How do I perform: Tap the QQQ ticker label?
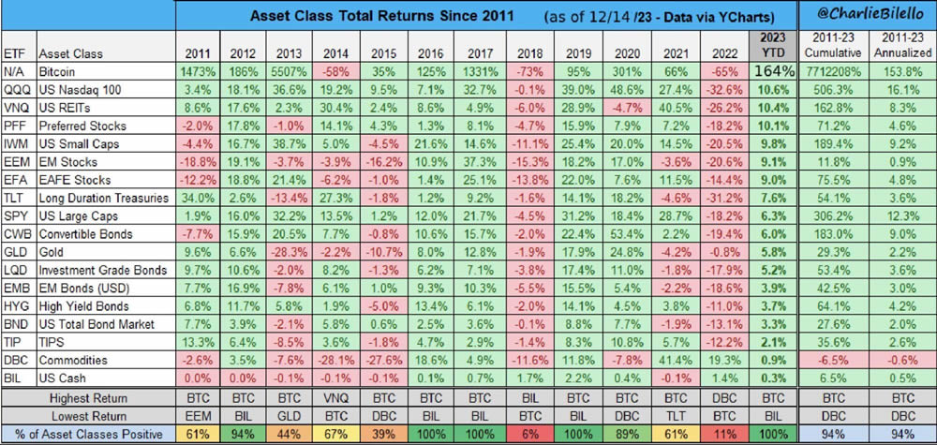pyautogui.click(x=16, y=89)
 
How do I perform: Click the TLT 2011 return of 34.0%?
pyautogui.click(x=198, y=197)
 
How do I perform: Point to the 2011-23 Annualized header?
pyautogui.click(x=901, y=43)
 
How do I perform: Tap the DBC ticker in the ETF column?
pyautogui.click(x=15, y=359)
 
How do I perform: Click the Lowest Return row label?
pyautogui.click(x=88, y=416)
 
